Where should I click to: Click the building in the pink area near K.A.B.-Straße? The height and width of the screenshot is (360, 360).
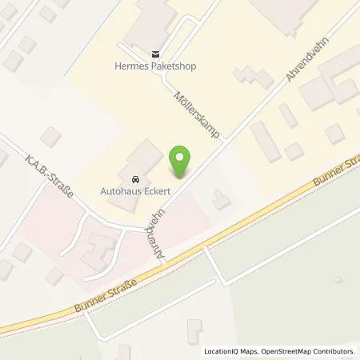pos(99,248)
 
